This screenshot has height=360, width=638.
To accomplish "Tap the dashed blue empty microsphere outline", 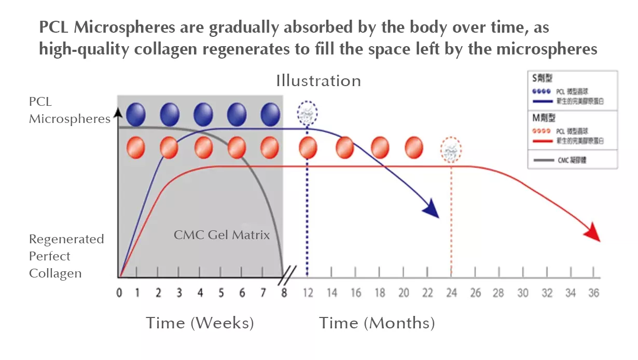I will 307,113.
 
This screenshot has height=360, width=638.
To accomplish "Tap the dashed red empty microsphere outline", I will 451,150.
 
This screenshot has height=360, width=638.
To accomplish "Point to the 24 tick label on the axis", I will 451,293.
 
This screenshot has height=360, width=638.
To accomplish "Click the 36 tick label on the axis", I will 593,293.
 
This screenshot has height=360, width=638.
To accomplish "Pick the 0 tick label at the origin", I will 119,293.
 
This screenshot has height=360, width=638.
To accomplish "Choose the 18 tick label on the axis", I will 380,293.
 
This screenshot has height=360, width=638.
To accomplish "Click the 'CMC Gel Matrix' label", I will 221,235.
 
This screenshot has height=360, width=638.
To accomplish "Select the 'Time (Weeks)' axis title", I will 200,323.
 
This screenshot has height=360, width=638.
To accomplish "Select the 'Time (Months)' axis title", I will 377,323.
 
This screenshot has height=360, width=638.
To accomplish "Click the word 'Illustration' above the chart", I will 318,81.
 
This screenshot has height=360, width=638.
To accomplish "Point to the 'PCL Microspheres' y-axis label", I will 70,110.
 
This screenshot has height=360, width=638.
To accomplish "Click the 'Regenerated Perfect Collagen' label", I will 66,256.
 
